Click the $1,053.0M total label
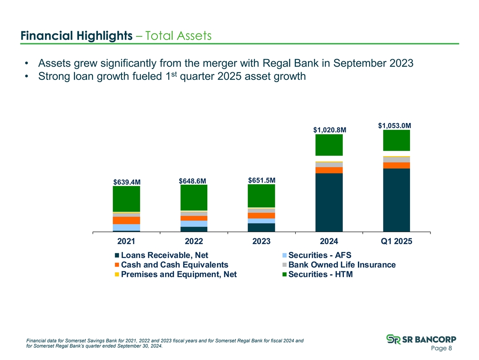point(394,126)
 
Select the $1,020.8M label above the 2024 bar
point(330,130)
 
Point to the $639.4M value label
point(127,182)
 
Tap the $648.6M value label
point(192,181)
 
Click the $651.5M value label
point(262,180)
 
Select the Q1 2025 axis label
point(396,242)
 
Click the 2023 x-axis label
point(261,242)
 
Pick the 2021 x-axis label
point(126,242)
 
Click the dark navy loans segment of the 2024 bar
point(329,202)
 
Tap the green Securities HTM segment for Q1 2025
point(396,140)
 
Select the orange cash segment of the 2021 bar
point(127,221)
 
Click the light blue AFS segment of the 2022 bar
point(194,224)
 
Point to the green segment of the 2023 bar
point(261,196)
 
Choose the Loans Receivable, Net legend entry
point(161,255)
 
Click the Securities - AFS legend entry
point(317,255)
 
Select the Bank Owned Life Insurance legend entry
point(339,265)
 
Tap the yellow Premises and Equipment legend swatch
point(117,274)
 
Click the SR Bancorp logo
point(421,339)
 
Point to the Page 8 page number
point(441,348)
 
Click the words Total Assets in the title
point(178,36)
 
